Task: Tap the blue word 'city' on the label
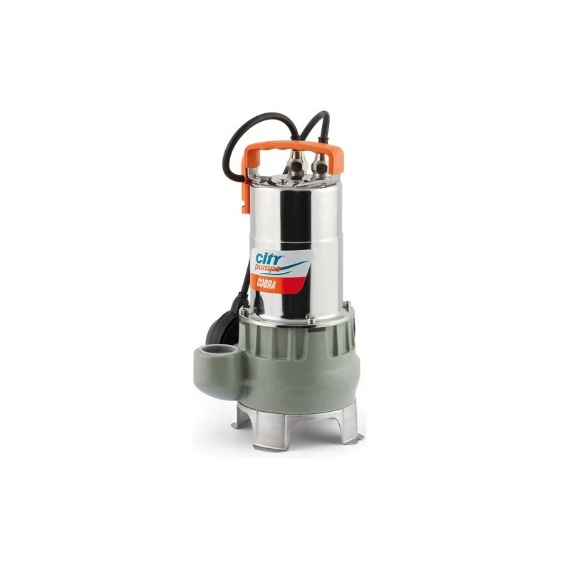269,259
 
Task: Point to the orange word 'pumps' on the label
267,269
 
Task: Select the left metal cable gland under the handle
297,166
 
